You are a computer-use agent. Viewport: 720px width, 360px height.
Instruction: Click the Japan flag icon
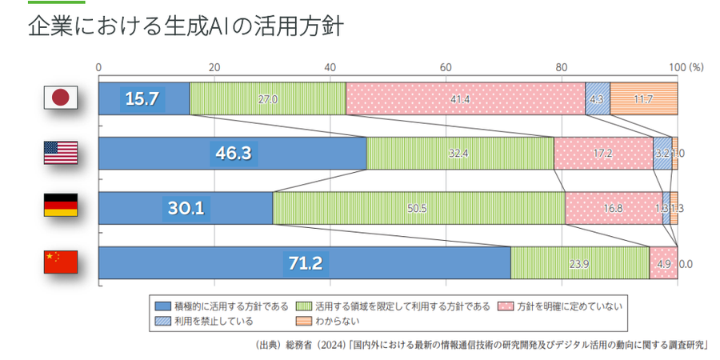click(60, 98)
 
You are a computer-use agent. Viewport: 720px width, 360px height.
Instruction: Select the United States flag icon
click(60, 153)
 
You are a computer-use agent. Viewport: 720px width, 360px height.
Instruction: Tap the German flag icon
click(60, 207)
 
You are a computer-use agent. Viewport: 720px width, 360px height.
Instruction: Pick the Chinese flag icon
click(60, 262)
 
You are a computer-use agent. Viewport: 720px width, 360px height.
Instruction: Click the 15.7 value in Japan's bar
click(143, 98)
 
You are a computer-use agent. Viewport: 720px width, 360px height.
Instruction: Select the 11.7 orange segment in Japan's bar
click(643, 98)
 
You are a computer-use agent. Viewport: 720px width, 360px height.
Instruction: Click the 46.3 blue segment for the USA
click(232, 153)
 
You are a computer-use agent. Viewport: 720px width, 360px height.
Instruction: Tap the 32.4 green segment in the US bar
click(460, 153)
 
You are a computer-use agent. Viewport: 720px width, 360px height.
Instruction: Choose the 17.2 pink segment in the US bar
click(602, 153)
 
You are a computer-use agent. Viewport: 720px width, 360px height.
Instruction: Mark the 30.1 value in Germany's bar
click(186, 208)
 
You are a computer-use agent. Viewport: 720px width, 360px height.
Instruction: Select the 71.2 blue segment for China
click(304, 262)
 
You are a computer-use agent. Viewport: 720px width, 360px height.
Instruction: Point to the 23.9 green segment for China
click(579, 262)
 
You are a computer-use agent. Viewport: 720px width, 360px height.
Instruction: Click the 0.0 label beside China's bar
click(686, 262)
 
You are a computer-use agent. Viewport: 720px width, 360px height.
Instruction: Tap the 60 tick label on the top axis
click(446, 67)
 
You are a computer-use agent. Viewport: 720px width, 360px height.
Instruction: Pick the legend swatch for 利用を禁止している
click(163, 321)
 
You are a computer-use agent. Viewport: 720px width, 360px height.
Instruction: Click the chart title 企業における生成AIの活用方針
click(186, 26)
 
